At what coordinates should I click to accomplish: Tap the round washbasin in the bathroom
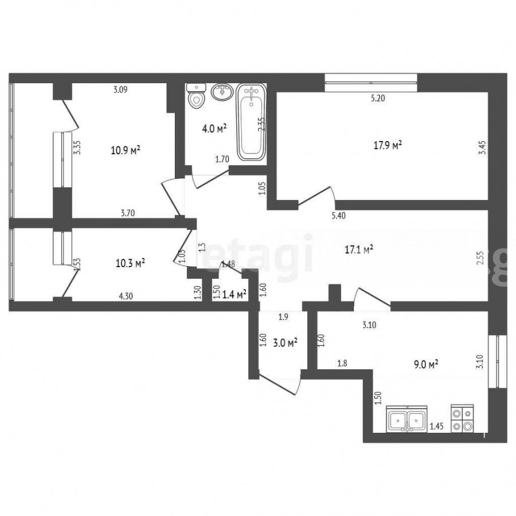click(222, 92)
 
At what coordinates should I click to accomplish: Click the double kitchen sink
click(406, 419)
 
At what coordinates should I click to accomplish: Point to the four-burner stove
click(462, 419)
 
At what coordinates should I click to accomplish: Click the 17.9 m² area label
click(388, 145)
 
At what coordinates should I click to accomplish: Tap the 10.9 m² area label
click(126, 151)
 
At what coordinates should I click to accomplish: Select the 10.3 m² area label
click(131, 263)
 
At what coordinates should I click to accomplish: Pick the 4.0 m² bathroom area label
click(214, 128)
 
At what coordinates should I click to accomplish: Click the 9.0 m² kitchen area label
click(426, 364)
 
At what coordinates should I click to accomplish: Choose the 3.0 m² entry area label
click(286, 343)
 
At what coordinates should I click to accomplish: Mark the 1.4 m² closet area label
click(234, 294)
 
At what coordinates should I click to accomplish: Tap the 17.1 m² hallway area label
click(359, 249)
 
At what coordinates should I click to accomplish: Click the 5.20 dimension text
click(378, 98)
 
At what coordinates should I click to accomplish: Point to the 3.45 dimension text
click(482, 148)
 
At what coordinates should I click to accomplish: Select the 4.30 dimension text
click(126, 296)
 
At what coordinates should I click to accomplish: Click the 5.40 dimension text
click(339, 216)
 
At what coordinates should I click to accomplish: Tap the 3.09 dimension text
click(120, 89)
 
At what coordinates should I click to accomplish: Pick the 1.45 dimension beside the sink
click(437, 427)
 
